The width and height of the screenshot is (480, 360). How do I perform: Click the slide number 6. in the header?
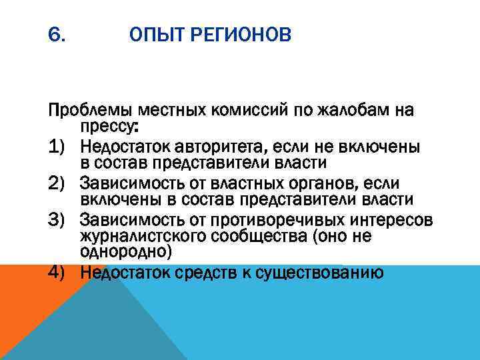pos(57,33)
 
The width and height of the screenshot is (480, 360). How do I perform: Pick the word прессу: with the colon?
pos(107,126)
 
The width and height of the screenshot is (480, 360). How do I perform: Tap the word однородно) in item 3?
pos(126,253)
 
